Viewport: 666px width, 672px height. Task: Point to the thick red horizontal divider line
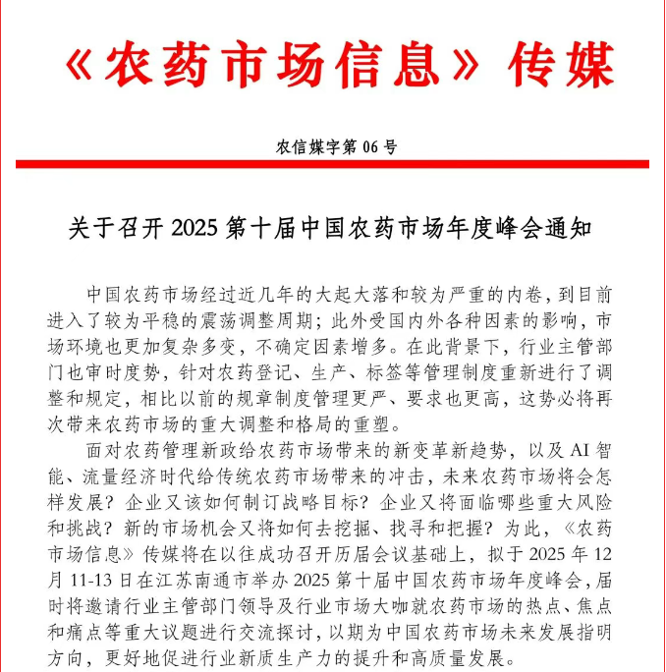[332, 164]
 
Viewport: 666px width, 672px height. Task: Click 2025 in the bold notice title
[193, 229]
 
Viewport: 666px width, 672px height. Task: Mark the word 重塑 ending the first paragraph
[378, 426]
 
